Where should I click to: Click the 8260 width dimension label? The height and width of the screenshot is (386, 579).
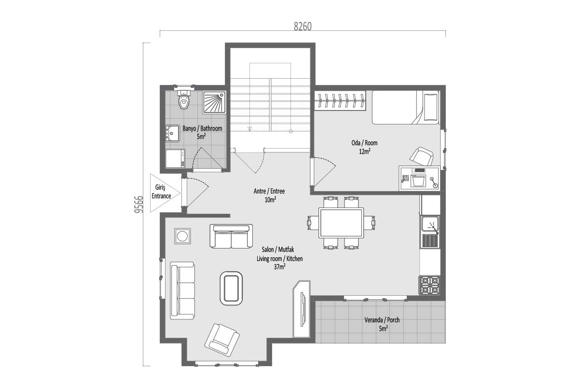point(303,27)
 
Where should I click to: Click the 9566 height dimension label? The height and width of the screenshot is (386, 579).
point(139,204)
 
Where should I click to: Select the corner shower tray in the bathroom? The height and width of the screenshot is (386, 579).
point(214,102)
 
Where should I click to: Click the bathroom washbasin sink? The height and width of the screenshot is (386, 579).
point(172,133)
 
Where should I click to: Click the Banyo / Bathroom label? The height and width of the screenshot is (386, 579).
point(202,128)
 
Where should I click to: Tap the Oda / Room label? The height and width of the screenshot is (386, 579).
point(364,143)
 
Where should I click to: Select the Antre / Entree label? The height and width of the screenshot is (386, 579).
point(269,191)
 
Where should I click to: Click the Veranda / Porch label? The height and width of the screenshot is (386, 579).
point(382,320)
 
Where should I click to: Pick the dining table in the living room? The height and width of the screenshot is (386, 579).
point(341,222)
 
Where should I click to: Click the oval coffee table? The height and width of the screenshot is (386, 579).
point(231,288)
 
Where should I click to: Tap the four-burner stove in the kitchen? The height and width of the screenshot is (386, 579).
point(429,285)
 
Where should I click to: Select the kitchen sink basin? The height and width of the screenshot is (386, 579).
point(429,224)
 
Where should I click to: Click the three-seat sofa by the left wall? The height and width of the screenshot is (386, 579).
point(182,290)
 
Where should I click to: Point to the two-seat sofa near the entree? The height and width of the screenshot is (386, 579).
point(231,236)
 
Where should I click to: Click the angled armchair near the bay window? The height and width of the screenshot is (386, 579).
point(222,340)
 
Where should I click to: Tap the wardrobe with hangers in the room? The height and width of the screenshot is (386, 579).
point(340,100)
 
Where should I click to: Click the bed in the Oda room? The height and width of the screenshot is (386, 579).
point(406,107)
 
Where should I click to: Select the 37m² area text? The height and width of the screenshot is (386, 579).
point(280,267)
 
